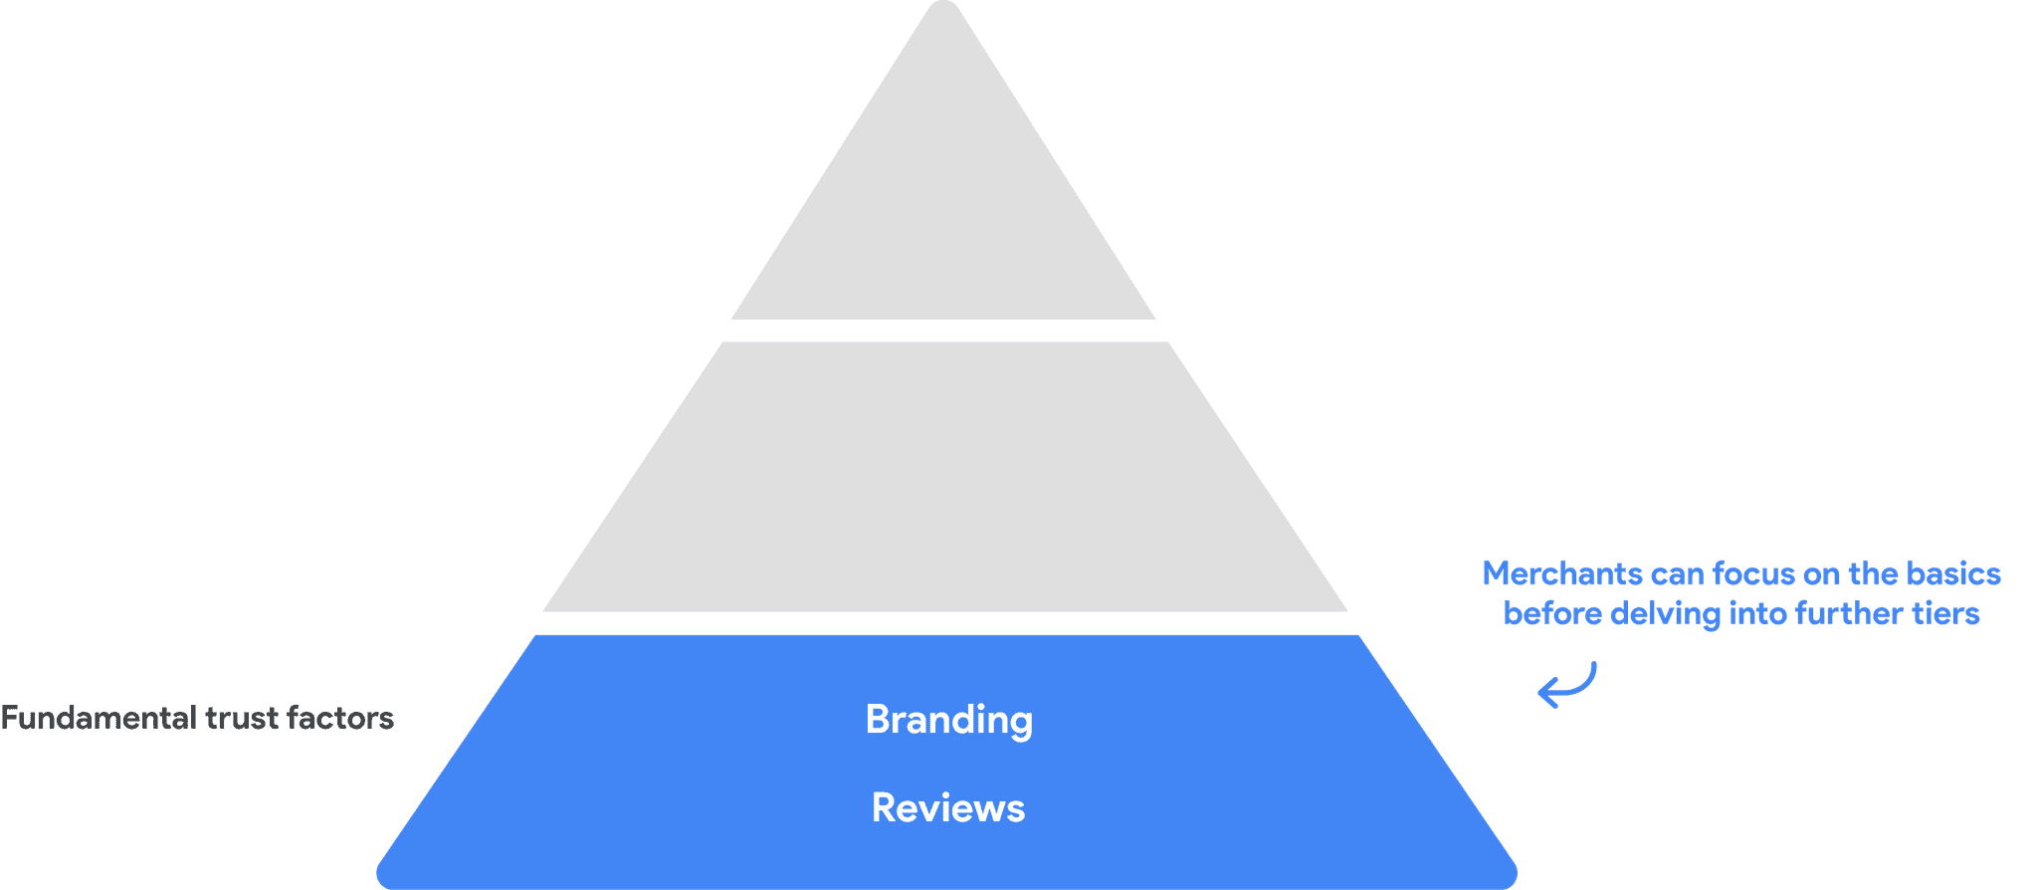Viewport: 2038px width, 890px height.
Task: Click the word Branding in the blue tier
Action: click(948, 720)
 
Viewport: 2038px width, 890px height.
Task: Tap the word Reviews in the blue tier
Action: click(947, 807)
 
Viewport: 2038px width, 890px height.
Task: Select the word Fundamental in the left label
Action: click(98, 718)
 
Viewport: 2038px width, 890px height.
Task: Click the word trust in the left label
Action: click(242, 718)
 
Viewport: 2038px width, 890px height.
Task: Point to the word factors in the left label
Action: click(340, 718)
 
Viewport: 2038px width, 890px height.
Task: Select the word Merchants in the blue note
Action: click(1562, 574)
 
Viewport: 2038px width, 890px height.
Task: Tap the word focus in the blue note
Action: click(1753, 574)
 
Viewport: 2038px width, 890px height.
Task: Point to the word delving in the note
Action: click(1665, 613)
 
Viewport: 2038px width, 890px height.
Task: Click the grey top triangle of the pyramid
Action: click(943, 219)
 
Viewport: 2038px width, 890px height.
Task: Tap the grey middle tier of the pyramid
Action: click(944, 478)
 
